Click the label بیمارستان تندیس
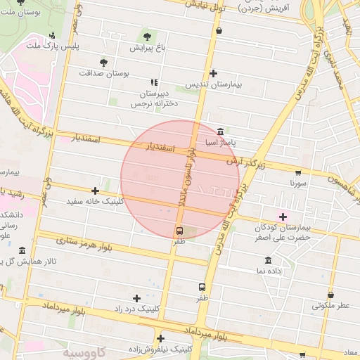[213, 84]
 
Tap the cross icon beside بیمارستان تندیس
[213, 73]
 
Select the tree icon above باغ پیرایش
[147, 37]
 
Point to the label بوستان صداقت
[103, 72]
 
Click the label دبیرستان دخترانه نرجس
[153, 98]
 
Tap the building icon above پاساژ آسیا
[221, 131]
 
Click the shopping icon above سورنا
[298, 172]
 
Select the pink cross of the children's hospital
[283, 217]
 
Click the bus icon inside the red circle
[179, 231]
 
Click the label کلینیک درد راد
[137, 309]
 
